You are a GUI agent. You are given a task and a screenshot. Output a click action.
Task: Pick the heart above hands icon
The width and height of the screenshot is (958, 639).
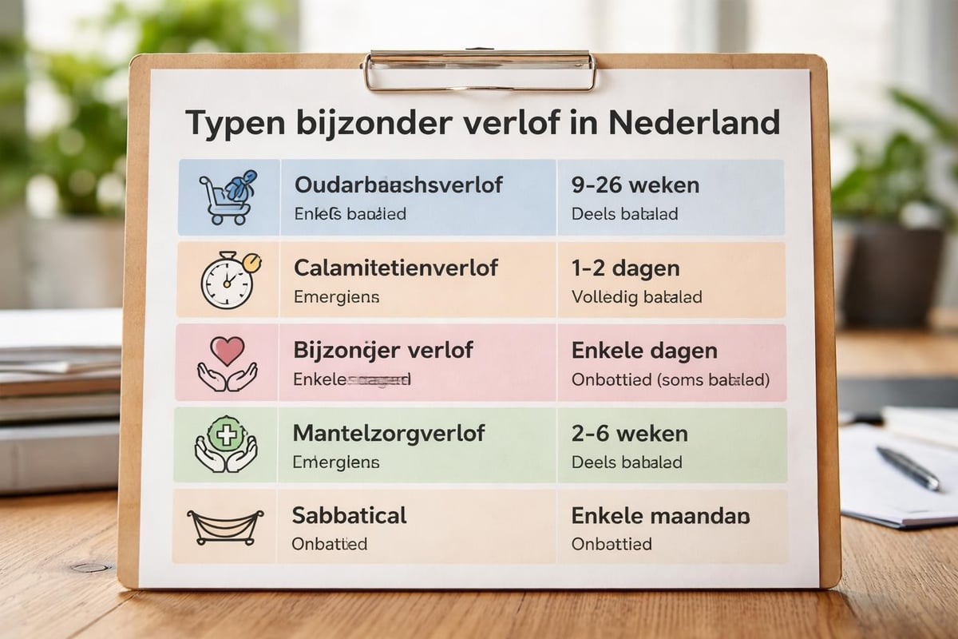point(228,363)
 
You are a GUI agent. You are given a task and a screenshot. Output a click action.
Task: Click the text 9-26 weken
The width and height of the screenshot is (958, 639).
point(635,185)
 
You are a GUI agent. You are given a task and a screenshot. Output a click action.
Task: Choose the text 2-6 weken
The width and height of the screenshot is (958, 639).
point(630,434)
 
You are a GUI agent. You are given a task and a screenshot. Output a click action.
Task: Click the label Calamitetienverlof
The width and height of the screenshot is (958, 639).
point(396,268)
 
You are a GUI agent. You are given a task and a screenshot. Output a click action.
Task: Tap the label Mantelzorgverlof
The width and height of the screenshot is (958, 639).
point(389,434)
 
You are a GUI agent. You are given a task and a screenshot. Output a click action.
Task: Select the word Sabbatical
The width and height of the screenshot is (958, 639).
point(350,515)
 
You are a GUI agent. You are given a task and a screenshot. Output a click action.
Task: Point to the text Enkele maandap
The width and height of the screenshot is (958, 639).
point(661,516)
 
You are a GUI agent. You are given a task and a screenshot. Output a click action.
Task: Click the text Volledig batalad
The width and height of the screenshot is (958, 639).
point(637,297)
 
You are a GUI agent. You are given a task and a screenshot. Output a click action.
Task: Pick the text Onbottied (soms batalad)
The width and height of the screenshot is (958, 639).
point(671,380)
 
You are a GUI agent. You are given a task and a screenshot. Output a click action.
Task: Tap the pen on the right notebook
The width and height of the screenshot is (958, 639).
point(908,467)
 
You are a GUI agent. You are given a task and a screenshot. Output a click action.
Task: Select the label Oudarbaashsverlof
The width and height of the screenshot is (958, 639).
point(398,185)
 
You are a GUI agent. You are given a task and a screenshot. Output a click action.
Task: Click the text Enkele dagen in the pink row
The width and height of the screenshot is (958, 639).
point(644,351)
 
